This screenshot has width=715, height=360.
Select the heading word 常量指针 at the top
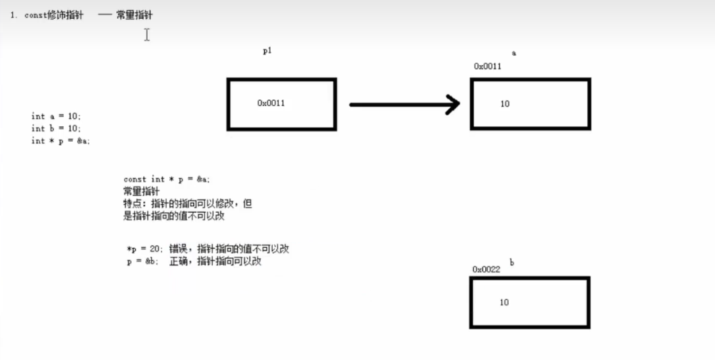tap(134, 15)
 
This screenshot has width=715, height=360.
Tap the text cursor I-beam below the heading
tap(146, 34)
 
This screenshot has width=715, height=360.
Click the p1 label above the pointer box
tap(267, 51)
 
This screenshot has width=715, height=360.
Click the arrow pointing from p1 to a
tap(404, 104)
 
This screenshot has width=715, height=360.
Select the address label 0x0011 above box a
tap(487, 66)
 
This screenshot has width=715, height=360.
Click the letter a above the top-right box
tap(514, 52)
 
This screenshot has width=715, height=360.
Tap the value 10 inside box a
tap(505, 103)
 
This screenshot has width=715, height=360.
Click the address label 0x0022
tap(486, 269)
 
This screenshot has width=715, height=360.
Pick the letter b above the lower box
tap(512, 263)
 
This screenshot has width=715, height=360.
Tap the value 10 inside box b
tap(504, 302)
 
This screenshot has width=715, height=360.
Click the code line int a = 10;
tap(56, 116)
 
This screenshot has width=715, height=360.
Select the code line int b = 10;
tap(56, 128)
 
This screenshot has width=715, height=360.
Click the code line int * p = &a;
tap(60, 141)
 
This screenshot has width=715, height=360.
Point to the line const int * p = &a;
tap(167, 179)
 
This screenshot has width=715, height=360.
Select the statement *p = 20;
tap(146, 249)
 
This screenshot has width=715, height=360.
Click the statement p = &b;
tap(143, 262)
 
